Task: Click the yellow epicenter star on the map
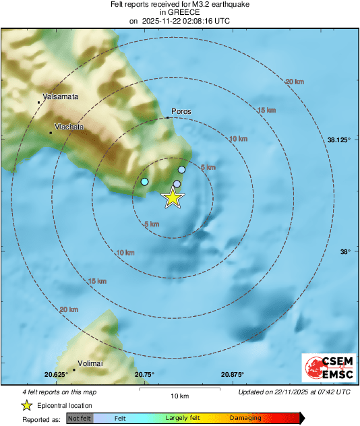coord(173,197)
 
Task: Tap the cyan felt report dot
coord(144,182)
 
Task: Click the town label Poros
coord(182,111)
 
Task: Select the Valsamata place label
coord(60,96)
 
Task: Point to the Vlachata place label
coord(70,126)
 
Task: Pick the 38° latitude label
coord(344,251)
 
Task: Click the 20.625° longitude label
coord(57,374)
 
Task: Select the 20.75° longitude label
coord(144,374)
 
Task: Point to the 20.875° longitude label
coord(233,374)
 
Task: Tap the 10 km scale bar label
coord(179,396)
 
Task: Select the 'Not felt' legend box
coord(80,418)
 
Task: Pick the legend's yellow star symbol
coord(26,405)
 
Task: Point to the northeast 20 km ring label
coord(295,82)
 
